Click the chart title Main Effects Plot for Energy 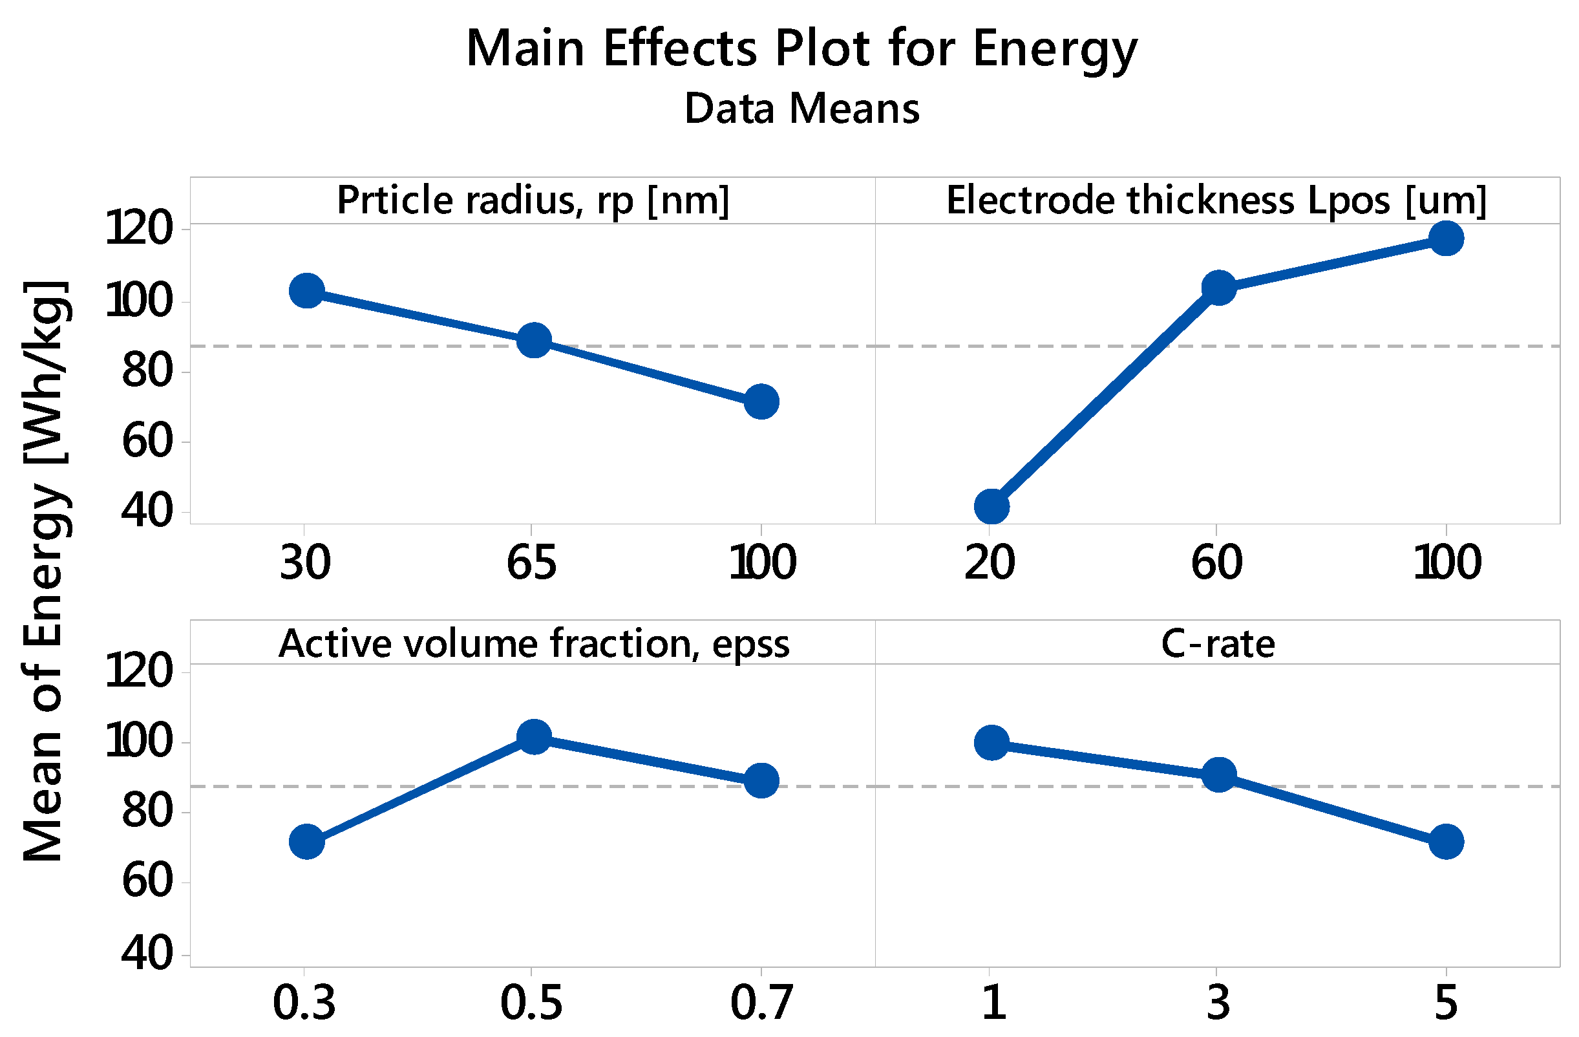(x=801, y=50)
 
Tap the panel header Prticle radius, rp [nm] (x=533, y=200)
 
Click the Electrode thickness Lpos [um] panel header (x=1216, y=200)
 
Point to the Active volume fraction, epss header (x=534, y=643)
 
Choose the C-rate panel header (x=1218, y=643)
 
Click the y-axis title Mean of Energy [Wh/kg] (x=44, y=571)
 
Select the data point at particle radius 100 (x=761, y=401)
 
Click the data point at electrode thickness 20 (x=992, y=507)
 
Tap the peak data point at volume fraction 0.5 (x=534, y=736)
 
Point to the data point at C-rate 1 (x=992, y=742)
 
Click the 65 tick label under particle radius (x=531, y=562)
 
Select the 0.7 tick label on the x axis (x=761, y=1003)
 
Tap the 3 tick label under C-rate (x=1218, y=1003)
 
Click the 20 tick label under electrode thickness (x=989, y=562)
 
